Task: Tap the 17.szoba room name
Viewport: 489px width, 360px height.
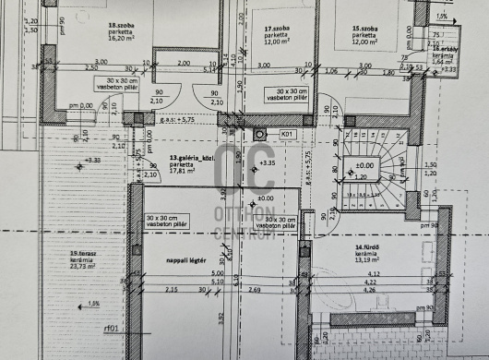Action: [254, 29]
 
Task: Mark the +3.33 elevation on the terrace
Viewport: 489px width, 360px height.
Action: [92, 160]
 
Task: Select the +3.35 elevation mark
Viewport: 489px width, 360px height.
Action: [268, 163]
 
